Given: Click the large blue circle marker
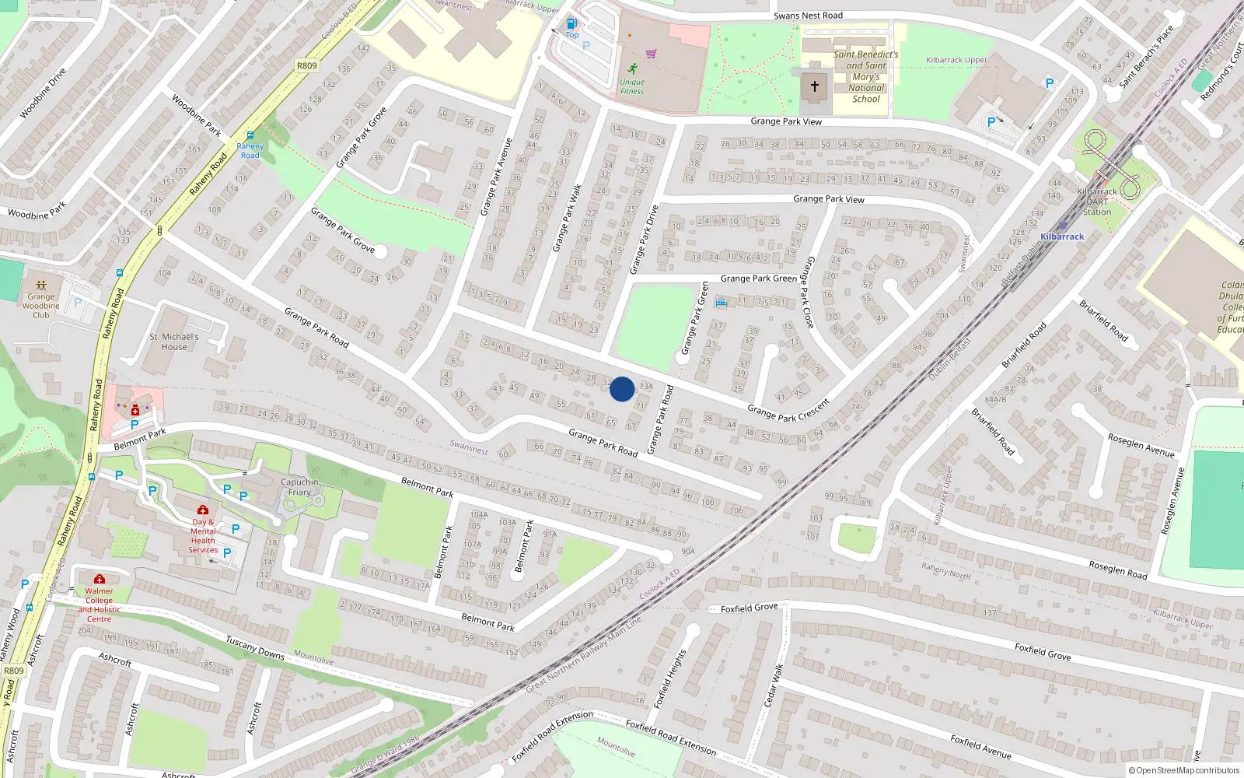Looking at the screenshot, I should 622,389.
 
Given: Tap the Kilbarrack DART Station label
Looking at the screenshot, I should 1097,202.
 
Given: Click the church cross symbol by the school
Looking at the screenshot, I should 814,86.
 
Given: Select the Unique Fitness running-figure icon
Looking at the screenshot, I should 633,68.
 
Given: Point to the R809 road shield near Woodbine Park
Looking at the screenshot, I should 307,65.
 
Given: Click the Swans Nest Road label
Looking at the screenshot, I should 808,16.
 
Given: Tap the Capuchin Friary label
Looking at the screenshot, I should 299,487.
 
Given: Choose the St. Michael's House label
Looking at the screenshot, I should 174,342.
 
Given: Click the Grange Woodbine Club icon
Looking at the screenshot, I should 41,286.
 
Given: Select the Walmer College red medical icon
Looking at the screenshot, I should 100,579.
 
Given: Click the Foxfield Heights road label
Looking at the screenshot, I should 669,678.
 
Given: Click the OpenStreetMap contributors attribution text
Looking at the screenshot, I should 1184,770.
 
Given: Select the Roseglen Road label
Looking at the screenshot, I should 1117,569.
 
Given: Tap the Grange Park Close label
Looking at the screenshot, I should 809,292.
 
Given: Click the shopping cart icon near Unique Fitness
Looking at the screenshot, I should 652,54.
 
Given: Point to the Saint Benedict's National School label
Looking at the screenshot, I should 865,76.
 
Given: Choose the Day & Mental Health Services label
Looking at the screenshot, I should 203,536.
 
